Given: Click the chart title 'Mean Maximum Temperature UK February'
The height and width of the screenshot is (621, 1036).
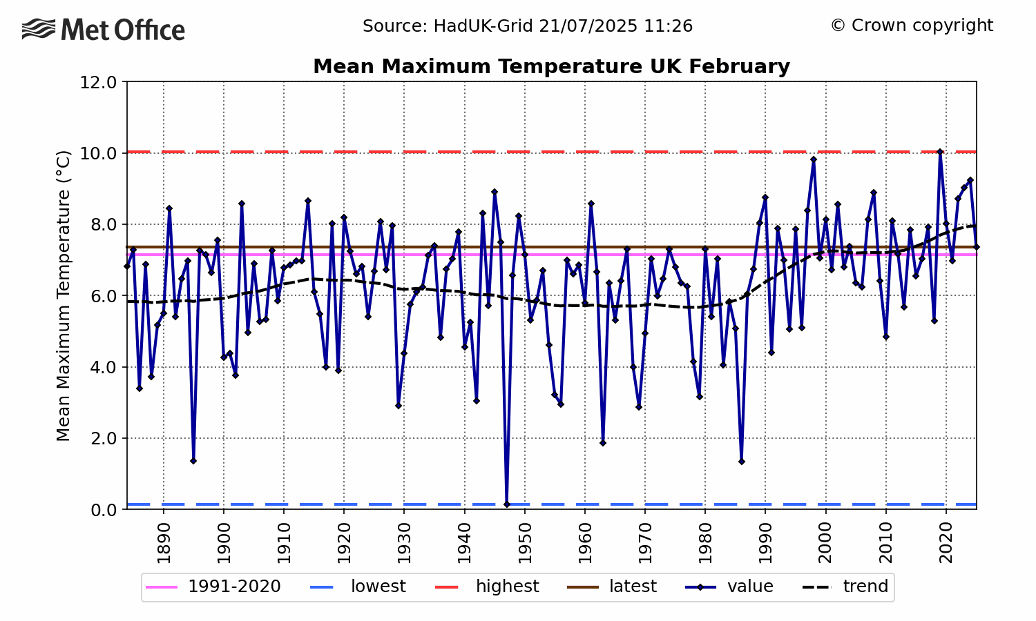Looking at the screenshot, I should (x=551, y=66).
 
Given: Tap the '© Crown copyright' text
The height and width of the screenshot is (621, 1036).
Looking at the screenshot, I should (x=912, y=26).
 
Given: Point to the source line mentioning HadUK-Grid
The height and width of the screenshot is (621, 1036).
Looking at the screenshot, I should (x=528, y=26).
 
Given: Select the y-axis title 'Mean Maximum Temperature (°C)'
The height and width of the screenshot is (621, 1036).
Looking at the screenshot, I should (x=64, y=295).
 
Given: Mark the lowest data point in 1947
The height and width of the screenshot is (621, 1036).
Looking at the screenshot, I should (x=506, y=504).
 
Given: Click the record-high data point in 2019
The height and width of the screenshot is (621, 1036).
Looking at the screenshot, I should (x=940, y=152).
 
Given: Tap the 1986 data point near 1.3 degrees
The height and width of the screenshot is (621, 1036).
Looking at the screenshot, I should (x=741, y=462).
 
